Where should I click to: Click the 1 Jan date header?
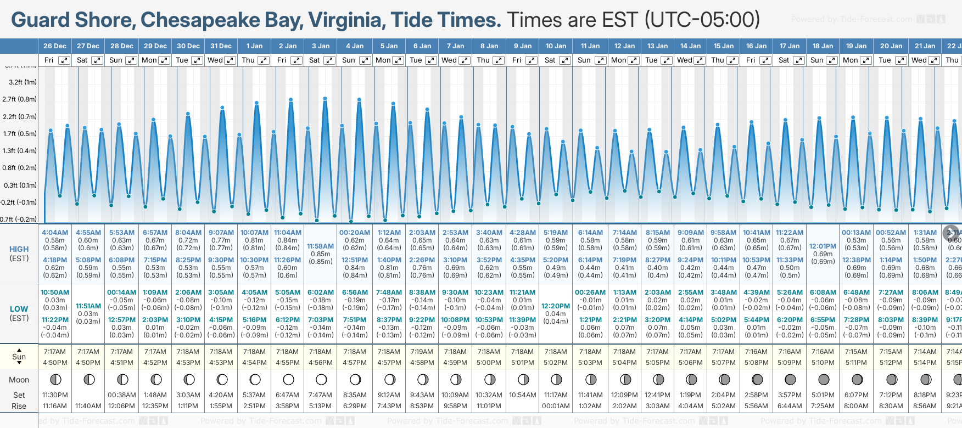[254, 46]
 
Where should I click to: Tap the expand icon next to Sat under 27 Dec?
[97, 60]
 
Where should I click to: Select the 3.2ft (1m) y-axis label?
[23, 82]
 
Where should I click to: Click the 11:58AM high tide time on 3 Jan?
[320, 246]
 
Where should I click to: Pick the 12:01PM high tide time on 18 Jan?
[823, 246]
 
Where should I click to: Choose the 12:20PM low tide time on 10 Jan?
[556, 306]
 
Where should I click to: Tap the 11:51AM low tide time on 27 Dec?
[88, 306]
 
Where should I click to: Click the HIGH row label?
[19, 249]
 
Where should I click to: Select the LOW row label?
[19, 309]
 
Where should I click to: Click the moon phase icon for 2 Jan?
[288, 379]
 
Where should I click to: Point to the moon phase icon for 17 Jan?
[790, 379]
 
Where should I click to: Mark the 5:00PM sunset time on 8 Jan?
[489, 363]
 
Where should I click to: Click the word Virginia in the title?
[346, 20]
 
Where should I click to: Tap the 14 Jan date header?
[690, 46]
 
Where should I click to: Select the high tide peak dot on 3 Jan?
[325, 99]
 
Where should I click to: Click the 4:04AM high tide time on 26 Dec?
[55, 233]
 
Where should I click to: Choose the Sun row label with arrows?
[19, 357]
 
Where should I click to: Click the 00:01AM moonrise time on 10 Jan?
[556, 406]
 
